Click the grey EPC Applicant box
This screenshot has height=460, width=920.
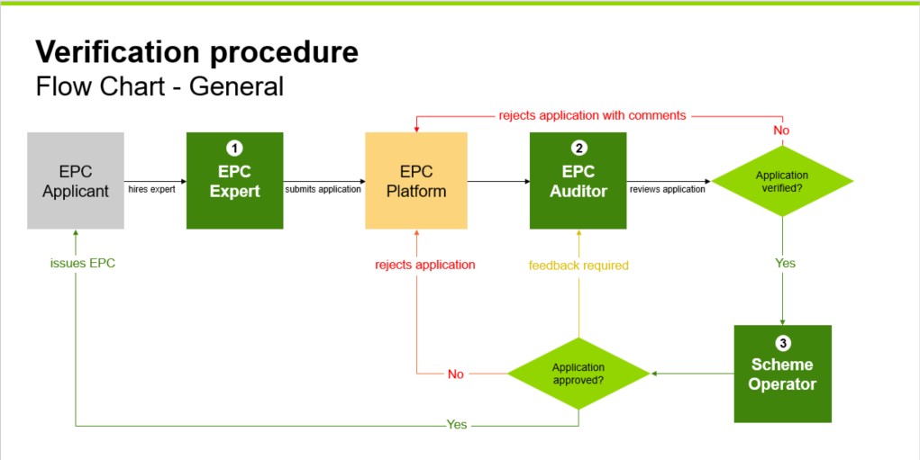[75, 180]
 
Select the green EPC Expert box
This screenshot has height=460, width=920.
[234, 181]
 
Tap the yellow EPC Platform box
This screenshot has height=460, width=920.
[415, 180]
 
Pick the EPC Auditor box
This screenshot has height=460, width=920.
[578, 181]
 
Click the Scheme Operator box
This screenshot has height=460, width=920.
[782, 374]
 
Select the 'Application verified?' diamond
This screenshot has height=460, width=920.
[781, 181]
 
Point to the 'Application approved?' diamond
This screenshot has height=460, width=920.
[578, 373]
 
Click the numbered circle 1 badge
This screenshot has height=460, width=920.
[235, 149]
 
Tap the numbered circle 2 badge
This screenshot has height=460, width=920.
[578, 149]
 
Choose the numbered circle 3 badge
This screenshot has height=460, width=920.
[783, 343]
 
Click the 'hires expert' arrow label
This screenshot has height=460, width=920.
[151, 189]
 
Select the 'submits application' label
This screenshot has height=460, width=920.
[323, 189]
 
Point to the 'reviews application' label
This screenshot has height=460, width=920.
[667, 189]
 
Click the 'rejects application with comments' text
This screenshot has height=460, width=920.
[592, 115]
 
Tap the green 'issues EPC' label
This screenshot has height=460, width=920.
[82, 264]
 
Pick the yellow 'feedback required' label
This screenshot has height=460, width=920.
[578, 266]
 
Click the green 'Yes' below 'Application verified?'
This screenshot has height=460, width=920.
[785, 264]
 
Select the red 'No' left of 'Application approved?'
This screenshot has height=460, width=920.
[456, 374]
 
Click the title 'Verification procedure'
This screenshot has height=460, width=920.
[196, 52]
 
